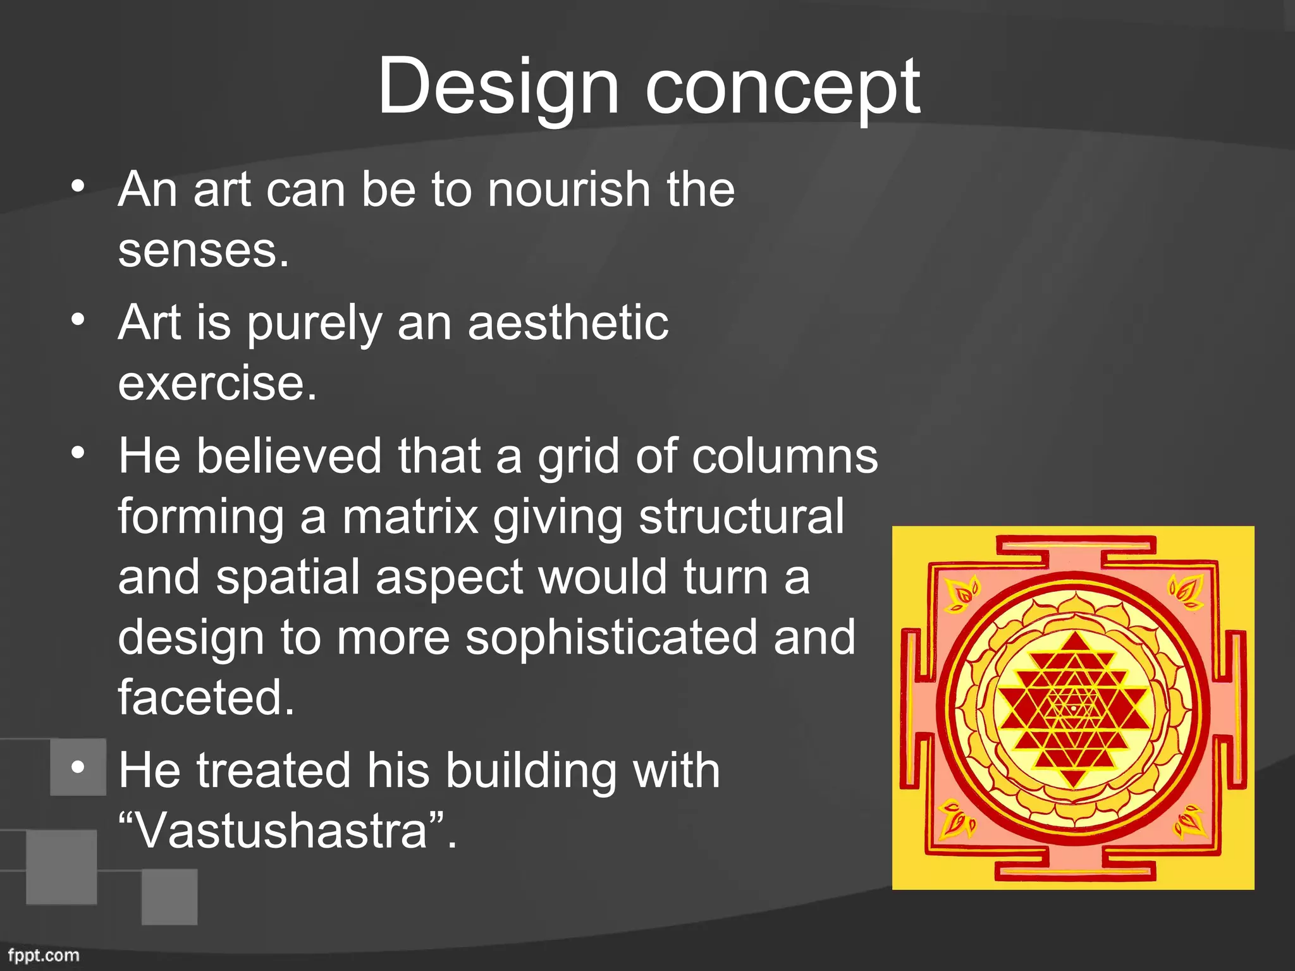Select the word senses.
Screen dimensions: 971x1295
tap(203, 251)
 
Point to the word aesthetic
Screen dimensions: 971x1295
tap(567, 322)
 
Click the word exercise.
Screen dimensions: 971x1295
tap(217, 383)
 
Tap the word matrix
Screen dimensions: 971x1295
tap(410, 516)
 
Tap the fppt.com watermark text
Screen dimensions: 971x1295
tap(44, 955)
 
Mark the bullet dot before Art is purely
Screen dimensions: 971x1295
tap(78, 320)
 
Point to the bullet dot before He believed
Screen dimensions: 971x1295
tap(78, 453)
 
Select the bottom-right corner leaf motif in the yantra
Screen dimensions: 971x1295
tap(1190, 822)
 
